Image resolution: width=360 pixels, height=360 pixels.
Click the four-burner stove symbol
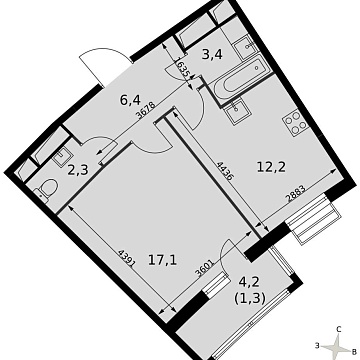pos(295,126)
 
